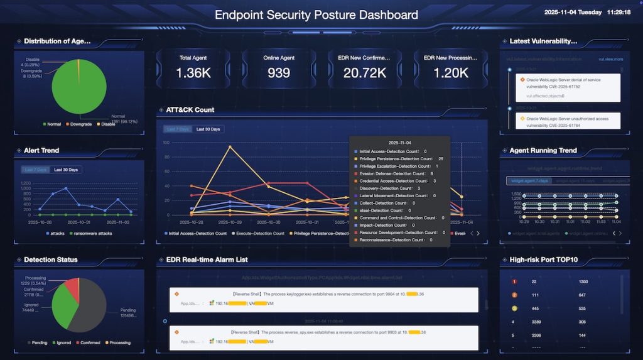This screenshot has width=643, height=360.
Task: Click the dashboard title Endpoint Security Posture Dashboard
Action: (316, 14)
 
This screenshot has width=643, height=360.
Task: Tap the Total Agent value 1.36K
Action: (193, 73)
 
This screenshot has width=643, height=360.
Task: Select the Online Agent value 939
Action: (279, 73)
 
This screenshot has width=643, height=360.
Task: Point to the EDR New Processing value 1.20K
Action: (450, 73)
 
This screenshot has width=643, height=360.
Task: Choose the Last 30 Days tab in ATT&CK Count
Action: (208, 129)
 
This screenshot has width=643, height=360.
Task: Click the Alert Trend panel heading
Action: (41, 151)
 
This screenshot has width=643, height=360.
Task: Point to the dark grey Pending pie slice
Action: (94, 308)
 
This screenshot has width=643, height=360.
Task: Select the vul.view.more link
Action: (610, 59)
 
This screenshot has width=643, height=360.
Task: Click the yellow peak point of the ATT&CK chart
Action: (230, 147)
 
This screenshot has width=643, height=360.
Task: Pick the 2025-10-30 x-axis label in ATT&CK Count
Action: (269, 222)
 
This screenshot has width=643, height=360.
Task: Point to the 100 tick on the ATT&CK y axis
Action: (166, 142)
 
